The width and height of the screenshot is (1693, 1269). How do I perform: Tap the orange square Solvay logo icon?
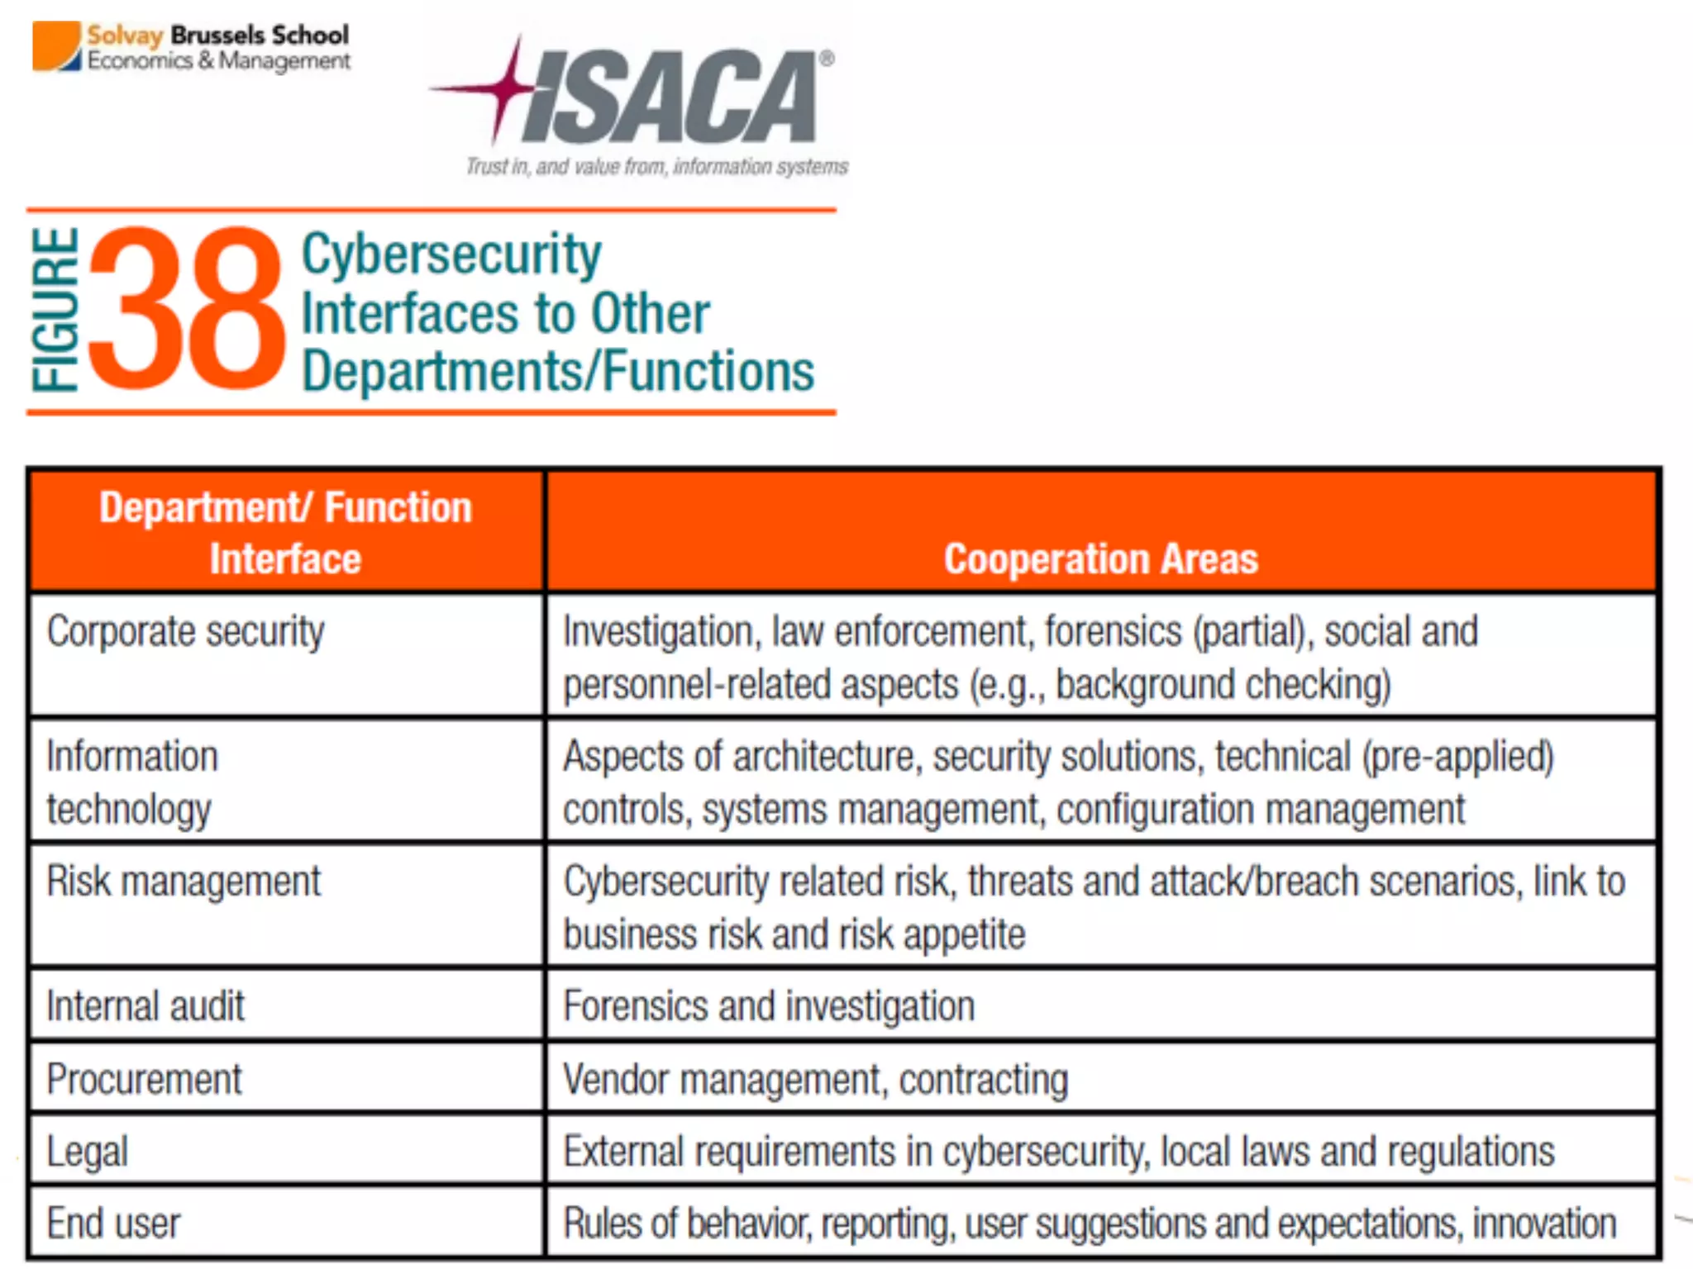click(x=56, y=46)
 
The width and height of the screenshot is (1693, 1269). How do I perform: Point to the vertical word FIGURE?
click(x=55, y=309)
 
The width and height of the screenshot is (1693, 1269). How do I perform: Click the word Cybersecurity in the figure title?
click(x=451, y=254)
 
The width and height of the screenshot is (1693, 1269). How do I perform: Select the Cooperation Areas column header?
click(x=1100, y=558)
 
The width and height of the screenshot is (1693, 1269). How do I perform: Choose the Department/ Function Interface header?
click(x=285, y=532)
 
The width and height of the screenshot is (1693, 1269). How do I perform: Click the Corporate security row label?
click(x=186, y=632)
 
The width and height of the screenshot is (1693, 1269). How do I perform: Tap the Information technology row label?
click(x=132, y=782)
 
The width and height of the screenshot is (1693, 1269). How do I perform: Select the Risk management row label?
click(x=184, y=881)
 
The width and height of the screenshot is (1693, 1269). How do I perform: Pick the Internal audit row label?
click(x=145, y=1006)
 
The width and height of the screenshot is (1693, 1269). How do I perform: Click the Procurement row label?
click(x=145, y=1079)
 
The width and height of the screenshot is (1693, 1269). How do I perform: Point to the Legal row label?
click(x=88, y=1152)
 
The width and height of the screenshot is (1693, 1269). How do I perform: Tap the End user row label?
click(x=113, y=1224)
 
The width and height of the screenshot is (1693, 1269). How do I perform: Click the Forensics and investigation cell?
click(x=769, y=1006)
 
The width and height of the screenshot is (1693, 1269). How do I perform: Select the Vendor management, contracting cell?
click(x=815, y=1079)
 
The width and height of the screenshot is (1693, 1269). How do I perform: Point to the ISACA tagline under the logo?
click(x=657, y=167)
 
